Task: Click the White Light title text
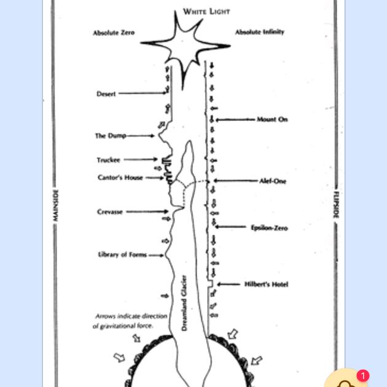click(x=206, y=11)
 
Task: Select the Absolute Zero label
click(x=113, y=32)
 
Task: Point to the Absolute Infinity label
click(x=259, y=31)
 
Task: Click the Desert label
click(x=106, y=94)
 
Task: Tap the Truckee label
click(x=108, y=160)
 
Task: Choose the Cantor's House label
click(x=120, y=178)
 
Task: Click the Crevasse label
click(x=110, y=212)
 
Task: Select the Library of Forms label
click(x=122, y=254)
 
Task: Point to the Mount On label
click(x=272, y=120)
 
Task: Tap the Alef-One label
click(x=273, y=181)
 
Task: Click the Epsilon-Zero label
click(x=269, y=228)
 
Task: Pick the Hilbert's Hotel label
click(x=266, y=284)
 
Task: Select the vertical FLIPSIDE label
click(x=336, y=205)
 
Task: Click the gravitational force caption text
click(x=130, y=321)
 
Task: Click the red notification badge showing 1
click(x=363, y=375)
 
